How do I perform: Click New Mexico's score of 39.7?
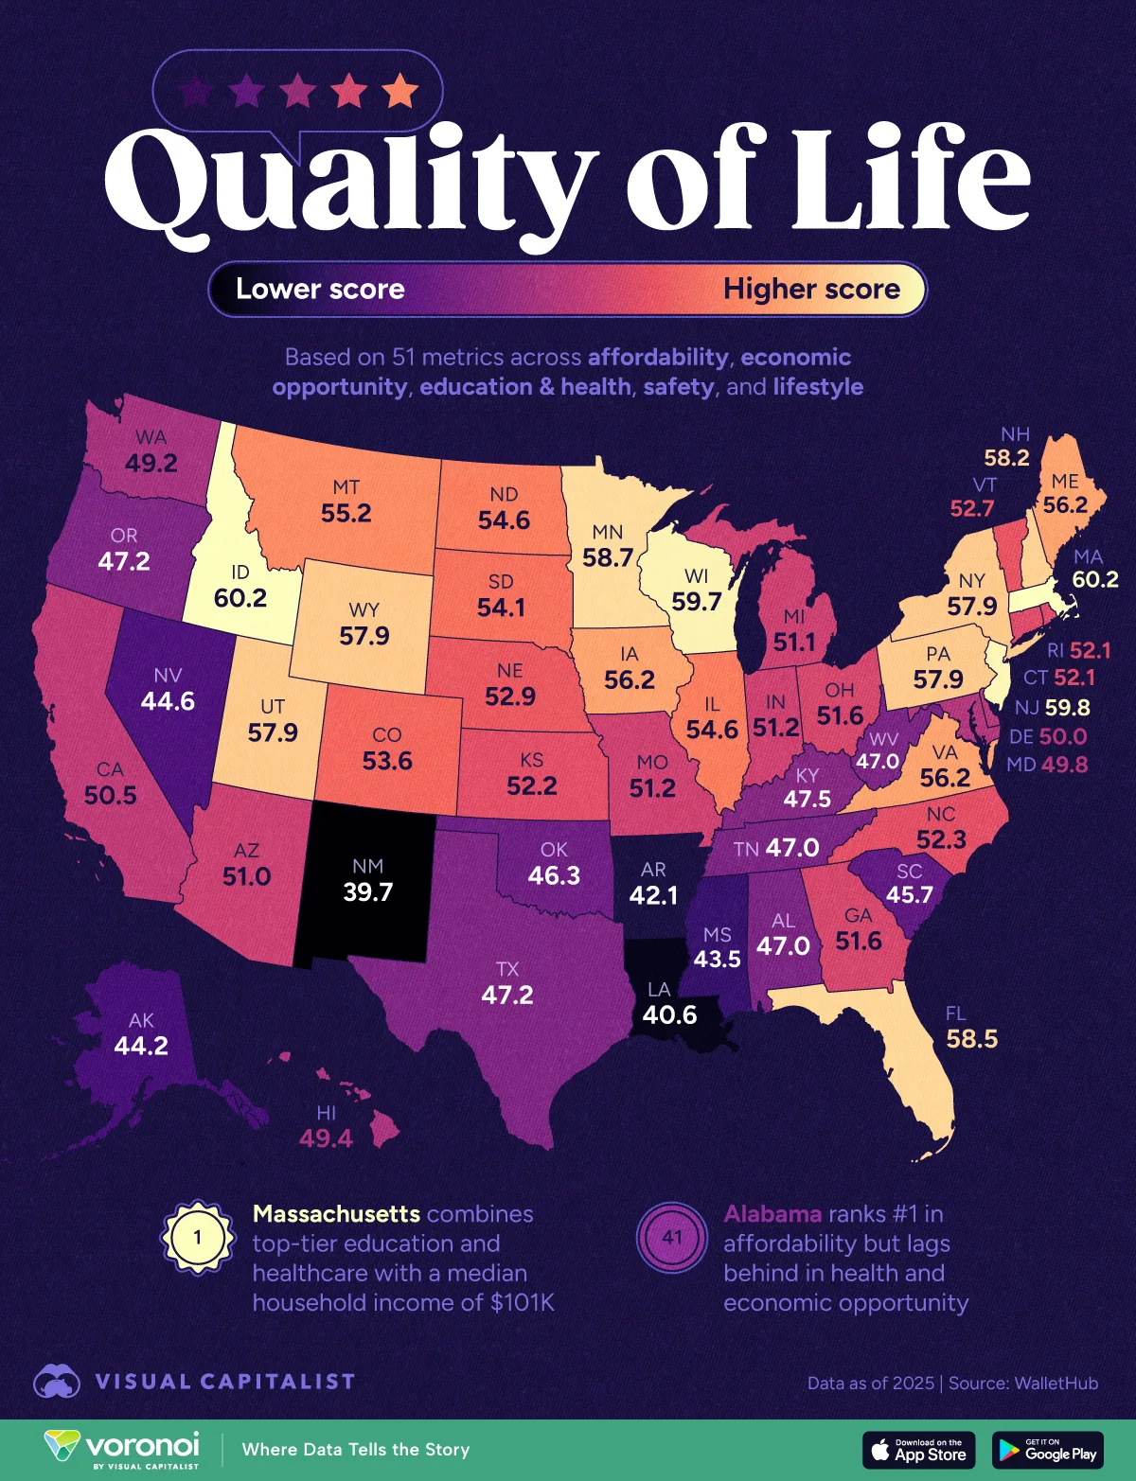[x=367, y=892]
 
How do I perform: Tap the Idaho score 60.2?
[x=240, y=598]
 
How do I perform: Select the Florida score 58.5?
[x=971, y=1039]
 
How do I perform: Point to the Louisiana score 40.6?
[x=669, y=1015]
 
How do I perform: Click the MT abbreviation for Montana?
[x=346, y=487]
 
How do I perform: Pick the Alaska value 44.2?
[x=141, y=1046]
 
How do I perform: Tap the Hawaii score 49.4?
[x=326, y=1138]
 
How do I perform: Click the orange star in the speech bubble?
[x=399, y=92]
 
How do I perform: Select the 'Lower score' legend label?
[x=320, y=289]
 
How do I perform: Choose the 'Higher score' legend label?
[x=811, y=289]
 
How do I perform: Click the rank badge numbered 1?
[x=198, y=1237]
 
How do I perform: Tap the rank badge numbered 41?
[x=672, y=1237]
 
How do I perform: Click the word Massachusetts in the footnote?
[x=336, y=1214]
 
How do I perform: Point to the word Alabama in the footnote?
[x=772, y=1214]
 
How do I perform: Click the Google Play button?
[x=1047, y=1450]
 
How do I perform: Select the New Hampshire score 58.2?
[x=1005, y=458]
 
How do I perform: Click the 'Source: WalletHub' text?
[x=1023, y=1383]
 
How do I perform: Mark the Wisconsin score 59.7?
[x=696, y=602]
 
